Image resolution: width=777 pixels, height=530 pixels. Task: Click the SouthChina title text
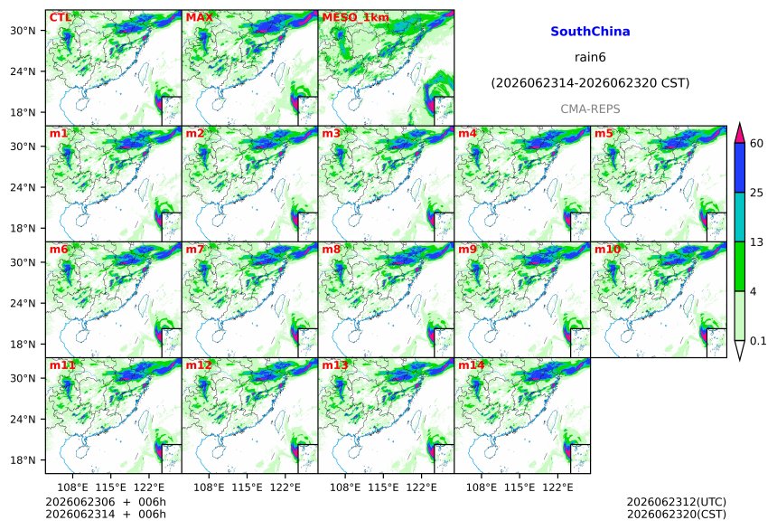pos(590,32)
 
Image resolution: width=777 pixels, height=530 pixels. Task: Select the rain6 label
pos(590,57)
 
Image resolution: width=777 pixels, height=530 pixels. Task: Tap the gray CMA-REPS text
pos(590,109)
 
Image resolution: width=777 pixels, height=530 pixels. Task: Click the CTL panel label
pos(60,17)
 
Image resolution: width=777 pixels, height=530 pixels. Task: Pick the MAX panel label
pos(199,17)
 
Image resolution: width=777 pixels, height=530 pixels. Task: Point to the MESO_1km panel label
pos(355,17)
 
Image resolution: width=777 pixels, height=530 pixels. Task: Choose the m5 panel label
pos(604,134)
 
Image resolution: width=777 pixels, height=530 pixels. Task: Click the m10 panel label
pos(607,249)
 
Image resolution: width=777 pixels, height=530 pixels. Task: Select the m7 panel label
pos(195,249)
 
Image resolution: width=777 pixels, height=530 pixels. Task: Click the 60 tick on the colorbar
pos(757,144)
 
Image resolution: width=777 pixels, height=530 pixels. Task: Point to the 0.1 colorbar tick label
pos(758,341)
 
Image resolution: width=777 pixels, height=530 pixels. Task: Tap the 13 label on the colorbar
pos(757,242)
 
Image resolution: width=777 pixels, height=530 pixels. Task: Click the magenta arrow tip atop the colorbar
pos(740,123)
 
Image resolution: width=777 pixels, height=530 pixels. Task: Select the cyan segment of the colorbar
pos(740,217)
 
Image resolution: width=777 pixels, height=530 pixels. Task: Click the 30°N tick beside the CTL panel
pos(23,31)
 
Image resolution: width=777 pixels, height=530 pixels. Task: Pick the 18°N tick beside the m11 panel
pos(23,460)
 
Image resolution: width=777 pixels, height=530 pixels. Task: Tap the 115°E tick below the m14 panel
pos(520,487)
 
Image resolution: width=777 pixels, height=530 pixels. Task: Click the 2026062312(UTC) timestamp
pos(677,502)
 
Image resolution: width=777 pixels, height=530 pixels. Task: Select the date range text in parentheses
pos(590,83)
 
